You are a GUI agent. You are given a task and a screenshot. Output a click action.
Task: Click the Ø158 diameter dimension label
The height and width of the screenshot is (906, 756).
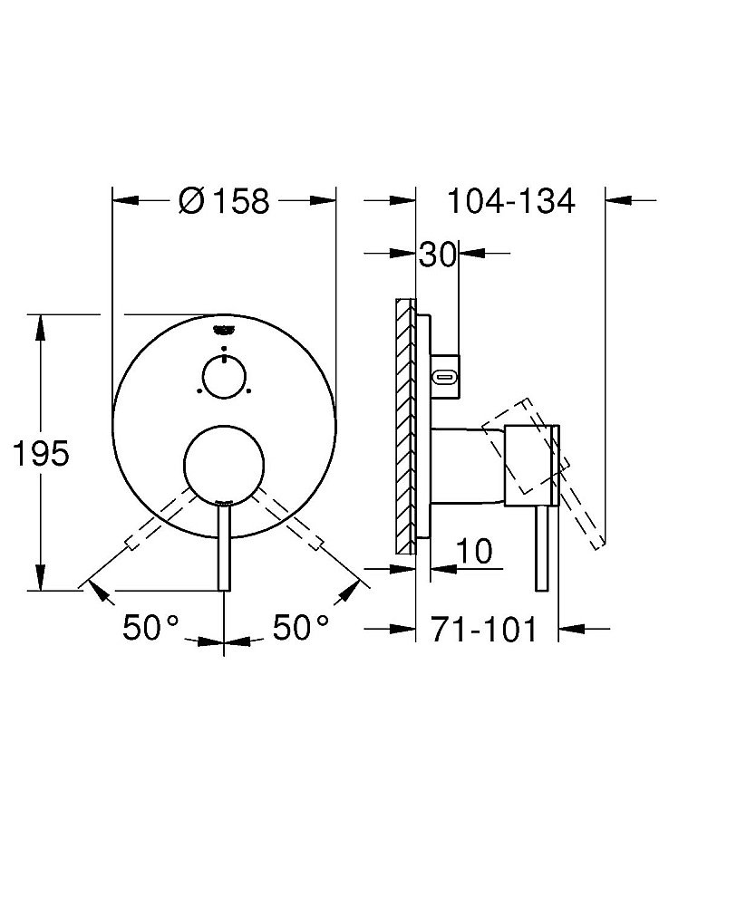pos(224,201)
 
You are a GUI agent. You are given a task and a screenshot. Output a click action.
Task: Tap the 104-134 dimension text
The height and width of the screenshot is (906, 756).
pos(511,201)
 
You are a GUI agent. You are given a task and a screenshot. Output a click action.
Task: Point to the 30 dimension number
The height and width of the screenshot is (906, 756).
pos(438,255)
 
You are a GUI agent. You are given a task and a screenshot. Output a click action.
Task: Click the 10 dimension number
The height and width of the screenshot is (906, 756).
pos(474,551)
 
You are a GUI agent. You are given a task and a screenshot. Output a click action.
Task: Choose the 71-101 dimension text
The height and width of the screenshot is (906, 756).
pos(484,629)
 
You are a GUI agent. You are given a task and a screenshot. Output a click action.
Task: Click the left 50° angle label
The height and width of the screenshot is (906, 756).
pos(150,627)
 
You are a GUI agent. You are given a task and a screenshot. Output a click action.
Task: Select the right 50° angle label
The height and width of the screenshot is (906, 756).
pos(301,627)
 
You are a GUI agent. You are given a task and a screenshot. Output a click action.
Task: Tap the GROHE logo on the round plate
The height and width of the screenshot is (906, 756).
pos(224,330)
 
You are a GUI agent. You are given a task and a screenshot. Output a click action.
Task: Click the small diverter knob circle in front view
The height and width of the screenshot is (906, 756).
pos(224,377)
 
